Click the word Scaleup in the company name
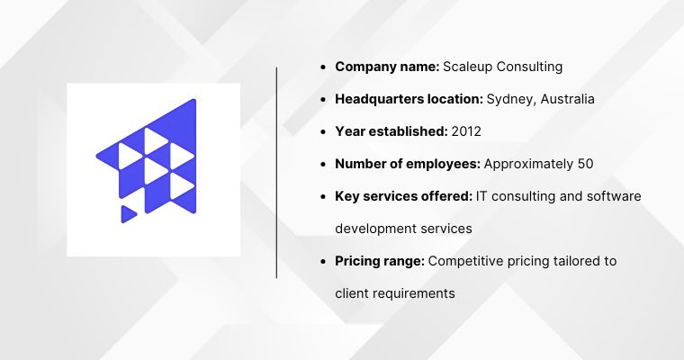[470, 67]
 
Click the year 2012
[466, 131]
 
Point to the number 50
[584, 164]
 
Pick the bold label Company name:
[386, 67]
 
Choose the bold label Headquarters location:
[409, 99]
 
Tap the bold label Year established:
[391, 131]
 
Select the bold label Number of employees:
[408, 164]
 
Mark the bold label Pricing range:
[380, 261]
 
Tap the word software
[614, 196]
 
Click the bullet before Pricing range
[323, 261]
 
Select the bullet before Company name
[323, 67]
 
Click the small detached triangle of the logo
[128, 213]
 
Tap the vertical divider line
[276, 171]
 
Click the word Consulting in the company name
[532, 67]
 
